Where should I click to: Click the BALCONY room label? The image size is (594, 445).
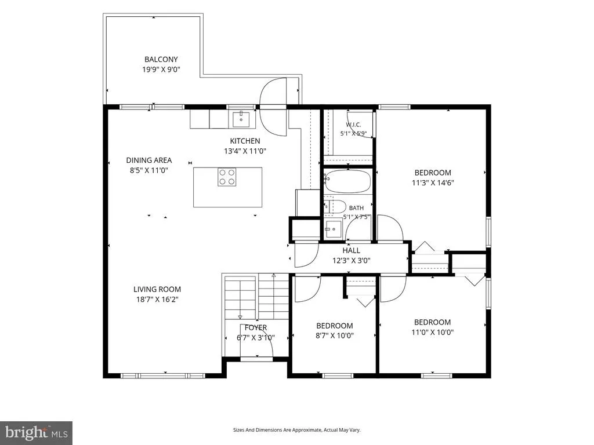(x=161, y=60)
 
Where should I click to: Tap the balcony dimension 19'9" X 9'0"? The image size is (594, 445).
(x=161, y=70)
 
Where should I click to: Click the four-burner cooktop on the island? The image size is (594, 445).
(x=227, y=177)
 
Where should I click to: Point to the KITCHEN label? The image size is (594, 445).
(x=245, y=141)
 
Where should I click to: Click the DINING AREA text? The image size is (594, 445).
(x=149, y=160)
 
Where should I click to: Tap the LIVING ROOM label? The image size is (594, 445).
(x=157, y=290)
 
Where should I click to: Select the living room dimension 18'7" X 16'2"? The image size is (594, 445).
(x=157, y=300)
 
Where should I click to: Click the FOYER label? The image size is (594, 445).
(x=256, y=328)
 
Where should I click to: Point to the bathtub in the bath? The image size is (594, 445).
(x=347, y=181)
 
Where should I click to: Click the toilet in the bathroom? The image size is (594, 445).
(x=335, y=207)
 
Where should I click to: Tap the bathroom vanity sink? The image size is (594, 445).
(x=333, y=229)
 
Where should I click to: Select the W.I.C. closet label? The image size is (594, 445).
(x=353, y=125)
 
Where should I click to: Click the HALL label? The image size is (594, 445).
(x=351, y=250)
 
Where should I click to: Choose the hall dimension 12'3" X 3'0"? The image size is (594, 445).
(x=351, y=260)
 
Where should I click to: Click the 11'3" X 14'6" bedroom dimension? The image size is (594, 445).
(x=433, y=183)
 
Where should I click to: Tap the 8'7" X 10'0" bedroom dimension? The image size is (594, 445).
(x=335, y=335)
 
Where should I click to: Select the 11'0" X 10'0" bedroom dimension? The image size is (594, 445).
(x=433, y=332)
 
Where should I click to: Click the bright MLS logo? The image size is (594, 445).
(x=37, y=432)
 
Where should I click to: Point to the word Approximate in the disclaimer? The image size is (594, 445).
(x=308, y=430)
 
